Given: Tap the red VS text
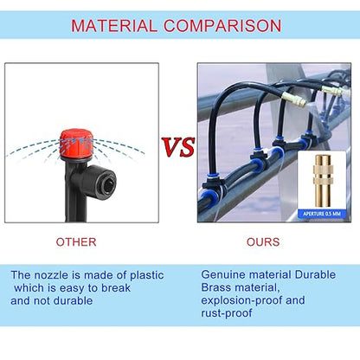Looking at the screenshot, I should tap(179, 147).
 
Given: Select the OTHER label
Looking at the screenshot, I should tap(76, 242).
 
